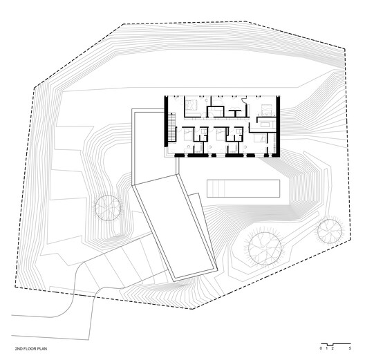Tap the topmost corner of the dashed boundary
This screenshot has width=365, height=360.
[124, 25]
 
